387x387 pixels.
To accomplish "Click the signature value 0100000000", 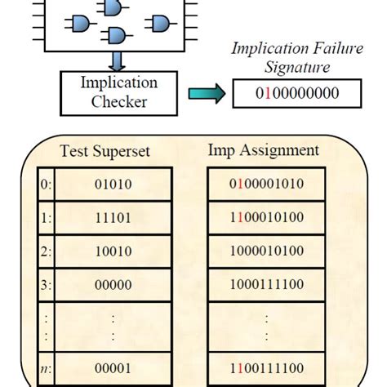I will click(296, 93).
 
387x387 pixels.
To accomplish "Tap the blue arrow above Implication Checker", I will click(118, 60).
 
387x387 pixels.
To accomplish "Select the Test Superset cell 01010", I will click(113, 185).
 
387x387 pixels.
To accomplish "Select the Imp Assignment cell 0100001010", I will click(267, 185).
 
